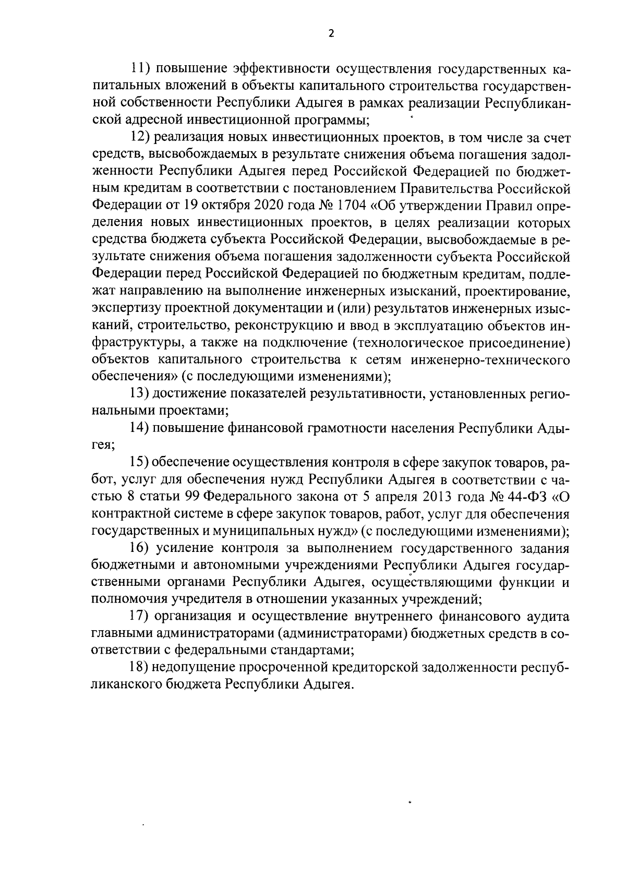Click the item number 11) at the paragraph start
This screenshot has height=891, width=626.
pyautogui.click(x=140, y=69)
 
